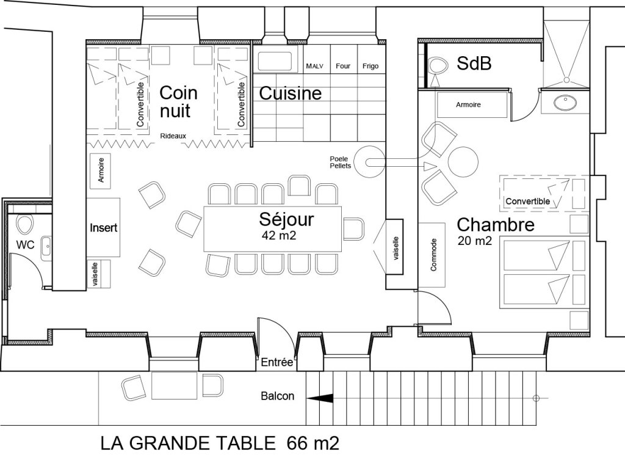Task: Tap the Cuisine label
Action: (x=291, y=93)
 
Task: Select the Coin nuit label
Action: (x=178, y=101)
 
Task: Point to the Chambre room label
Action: (x=496, y=224)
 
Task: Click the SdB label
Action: (x=474, y=64)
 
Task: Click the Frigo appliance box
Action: (x=371, y=66)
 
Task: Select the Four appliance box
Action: (x=343, y=66)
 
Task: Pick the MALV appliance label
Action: (x=315, y=66)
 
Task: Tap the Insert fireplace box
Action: (x=103, y=227)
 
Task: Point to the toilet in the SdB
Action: (x=437, y=65)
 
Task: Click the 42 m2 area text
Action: (x=279, y=235)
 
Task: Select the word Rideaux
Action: (x=173, y=136)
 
